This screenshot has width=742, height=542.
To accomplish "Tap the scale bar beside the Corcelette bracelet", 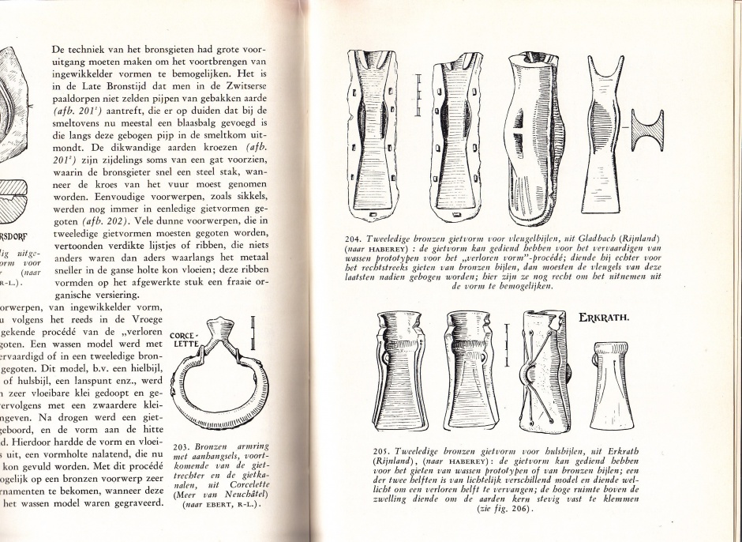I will [252, 333].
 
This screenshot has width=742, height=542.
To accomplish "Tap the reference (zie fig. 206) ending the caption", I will [504, 510].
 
